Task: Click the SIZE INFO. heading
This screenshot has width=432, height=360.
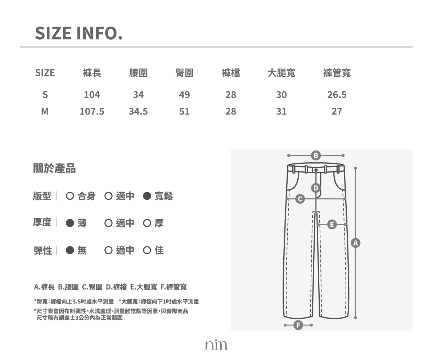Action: [79, 33]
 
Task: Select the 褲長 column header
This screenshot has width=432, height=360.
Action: [92, 73]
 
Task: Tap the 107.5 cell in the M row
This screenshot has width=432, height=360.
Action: [92, 111]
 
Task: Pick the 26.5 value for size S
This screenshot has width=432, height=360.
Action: [337, 95]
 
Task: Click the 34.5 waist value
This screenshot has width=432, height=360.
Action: [138, 111]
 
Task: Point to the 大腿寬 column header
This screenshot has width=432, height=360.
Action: [282, 73]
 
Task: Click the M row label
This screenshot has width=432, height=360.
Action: [45, 111]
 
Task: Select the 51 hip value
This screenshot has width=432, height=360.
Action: [184, 111]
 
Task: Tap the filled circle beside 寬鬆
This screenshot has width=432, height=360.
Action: [147, 196]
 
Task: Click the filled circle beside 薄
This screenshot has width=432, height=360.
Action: [70, 223]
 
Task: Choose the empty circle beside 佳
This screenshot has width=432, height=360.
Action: [147, 250]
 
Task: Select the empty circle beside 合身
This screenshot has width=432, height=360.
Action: [70, 196]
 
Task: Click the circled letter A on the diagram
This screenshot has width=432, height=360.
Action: [356, 243]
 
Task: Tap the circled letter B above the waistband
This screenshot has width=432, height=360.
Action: [316, 156]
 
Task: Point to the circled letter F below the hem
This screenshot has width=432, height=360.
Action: [298, 325]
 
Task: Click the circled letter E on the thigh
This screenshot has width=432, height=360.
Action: [332, 225]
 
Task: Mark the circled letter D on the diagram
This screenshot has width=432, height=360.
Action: [316, 188]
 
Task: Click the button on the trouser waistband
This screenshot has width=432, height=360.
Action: [316, 170]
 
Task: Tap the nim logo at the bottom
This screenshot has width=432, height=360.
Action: [216, 345]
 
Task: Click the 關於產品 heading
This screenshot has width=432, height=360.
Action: [54, 168]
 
